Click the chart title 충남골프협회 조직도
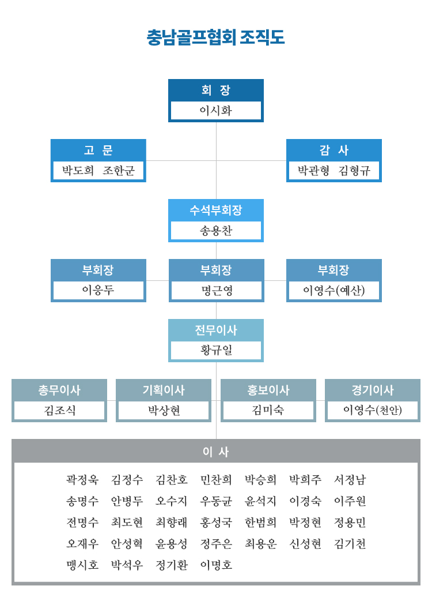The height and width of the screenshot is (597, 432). [x=215, y=37]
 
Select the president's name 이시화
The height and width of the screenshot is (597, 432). [x=215, y=110]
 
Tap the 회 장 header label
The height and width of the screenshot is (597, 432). [x=215, y=90]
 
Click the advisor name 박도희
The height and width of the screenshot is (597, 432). [x=78, y=170]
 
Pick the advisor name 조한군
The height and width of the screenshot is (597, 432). [x=119, y=170]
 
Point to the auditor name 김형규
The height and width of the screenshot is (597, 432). [x=354, y=170]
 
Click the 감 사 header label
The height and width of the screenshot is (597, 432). [x=334, y=150]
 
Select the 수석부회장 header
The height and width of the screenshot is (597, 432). [x=215, y=210]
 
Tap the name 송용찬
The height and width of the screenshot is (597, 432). [x=215, y=230]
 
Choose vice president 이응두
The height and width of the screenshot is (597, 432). [x=98, y=290]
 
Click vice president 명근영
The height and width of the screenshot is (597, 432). [x=217, y=291]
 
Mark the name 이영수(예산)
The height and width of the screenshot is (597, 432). [x=334, y=291]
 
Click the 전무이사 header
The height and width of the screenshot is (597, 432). [x=215, y=330]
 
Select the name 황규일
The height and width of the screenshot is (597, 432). [x=215, y=350]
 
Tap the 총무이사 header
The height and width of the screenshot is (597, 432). [x=59, y=390]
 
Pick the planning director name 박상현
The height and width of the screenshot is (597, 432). [x=164, y=410]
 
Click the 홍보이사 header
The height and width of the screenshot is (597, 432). [x=268, y=390]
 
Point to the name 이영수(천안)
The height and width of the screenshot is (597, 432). [x=373, y=410]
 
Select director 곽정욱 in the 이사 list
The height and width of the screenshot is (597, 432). [x=82, y=479]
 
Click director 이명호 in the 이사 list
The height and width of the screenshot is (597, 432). [x=216, y=565]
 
